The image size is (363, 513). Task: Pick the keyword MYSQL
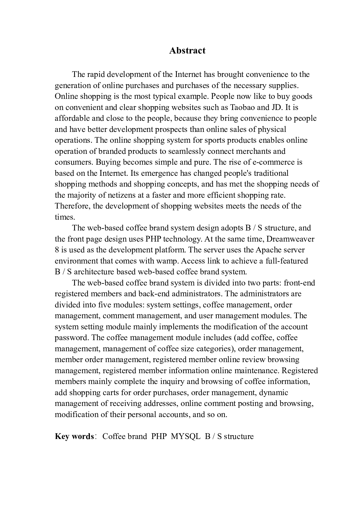tap(185, 436)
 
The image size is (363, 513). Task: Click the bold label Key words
tap(74, 436)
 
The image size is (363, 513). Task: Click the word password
tap(72, 338)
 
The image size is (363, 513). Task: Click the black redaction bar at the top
tap(187, 57)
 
